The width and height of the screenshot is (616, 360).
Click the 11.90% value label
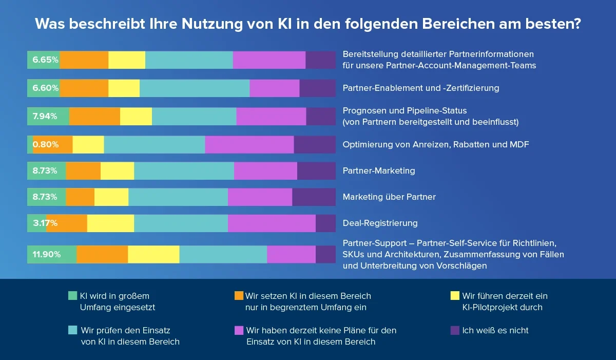(x=47, y=254)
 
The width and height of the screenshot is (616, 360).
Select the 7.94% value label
(x=45, y=116)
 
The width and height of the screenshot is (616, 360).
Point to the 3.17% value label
(x=45, y=223)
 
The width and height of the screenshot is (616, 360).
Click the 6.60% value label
(x=45, y=88)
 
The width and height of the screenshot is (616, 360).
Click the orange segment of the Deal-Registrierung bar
(x=67, y=223)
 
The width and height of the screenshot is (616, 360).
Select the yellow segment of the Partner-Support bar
(x=153, y=254)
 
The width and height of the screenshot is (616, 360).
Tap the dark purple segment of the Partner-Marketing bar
(x=316, y=170)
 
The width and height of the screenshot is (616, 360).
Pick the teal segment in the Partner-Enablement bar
(x=195, y=88)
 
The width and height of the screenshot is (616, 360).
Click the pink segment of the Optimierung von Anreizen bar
(x=249, y=144)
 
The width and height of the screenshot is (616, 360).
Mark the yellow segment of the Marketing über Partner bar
(x=111, y=197)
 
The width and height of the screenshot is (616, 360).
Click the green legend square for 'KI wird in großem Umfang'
(x=72, y=296)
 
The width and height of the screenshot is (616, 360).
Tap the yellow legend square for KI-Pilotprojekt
(x=454, y=296)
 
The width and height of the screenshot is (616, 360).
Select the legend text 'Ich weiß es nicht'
(x=495, y=330)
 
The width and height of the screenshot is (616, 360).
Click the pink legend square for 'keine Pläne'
(x=238, y=330)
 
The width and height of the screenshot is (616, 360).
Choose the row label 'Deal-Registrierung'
(x=380, y=223)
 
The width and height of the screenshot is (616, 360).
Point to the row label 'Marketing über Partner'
(x=389, y=197)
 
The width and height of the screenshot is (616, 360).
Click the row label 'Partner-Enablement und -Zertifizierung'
(x=420, y=88)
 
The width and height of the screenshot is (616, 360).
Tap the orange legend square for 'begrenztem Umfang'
(x=238, y=296)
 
